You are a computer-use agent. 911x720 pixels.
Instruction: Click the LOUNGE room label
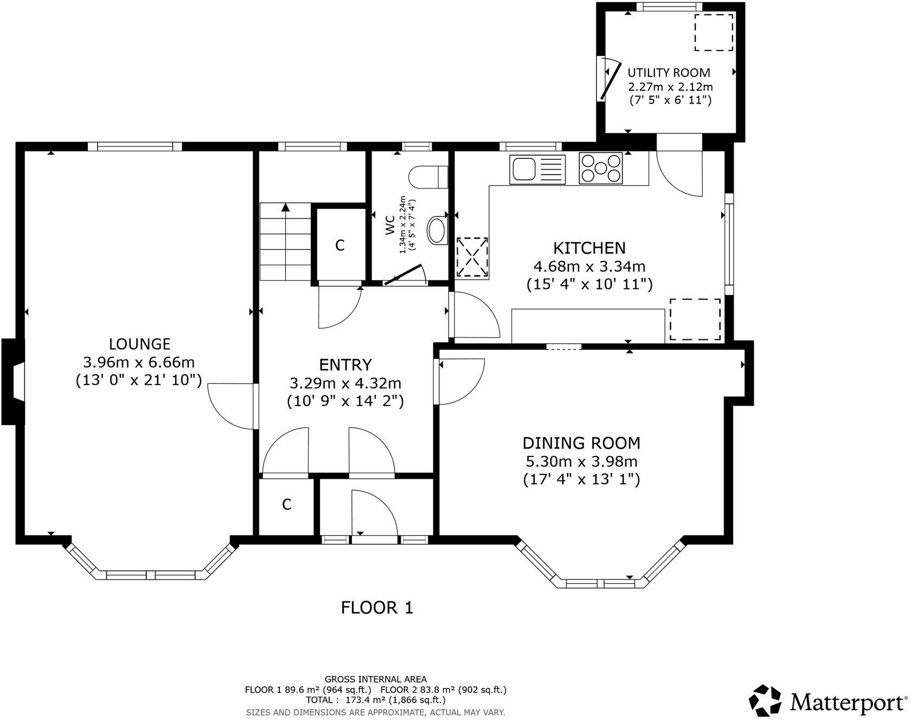139,344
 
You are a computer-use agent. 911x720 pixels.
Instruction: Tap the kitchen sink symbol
537,169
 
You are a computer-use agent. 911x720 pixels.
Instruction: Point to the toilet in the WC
428,177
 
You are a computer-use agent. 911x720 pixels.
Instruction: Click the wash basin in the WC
437,231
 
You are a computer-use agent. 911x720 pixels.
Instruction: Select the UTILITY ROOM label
669,73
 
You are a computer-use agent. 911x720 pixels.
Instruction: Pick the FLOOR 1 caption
377,608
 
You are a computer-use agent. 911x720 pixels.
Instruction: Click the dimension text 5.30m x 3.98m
581,462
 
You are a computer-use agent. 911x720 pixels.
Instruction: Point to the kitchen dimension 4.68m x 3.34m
589,266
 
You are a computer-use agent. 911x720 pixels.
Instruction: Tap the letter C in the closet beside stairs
339,246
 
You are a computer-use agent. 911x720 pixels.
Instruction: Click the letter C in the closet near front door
286,505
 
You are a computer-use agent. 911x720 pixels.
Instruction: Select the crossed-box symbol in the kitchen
472,257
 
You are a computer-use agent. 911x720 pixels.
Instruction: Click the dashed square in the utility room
714,33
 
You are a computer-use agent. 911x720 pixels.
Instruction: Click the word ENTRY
345,364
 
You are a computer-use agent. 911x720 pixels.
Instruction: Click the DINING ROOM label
581,443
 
